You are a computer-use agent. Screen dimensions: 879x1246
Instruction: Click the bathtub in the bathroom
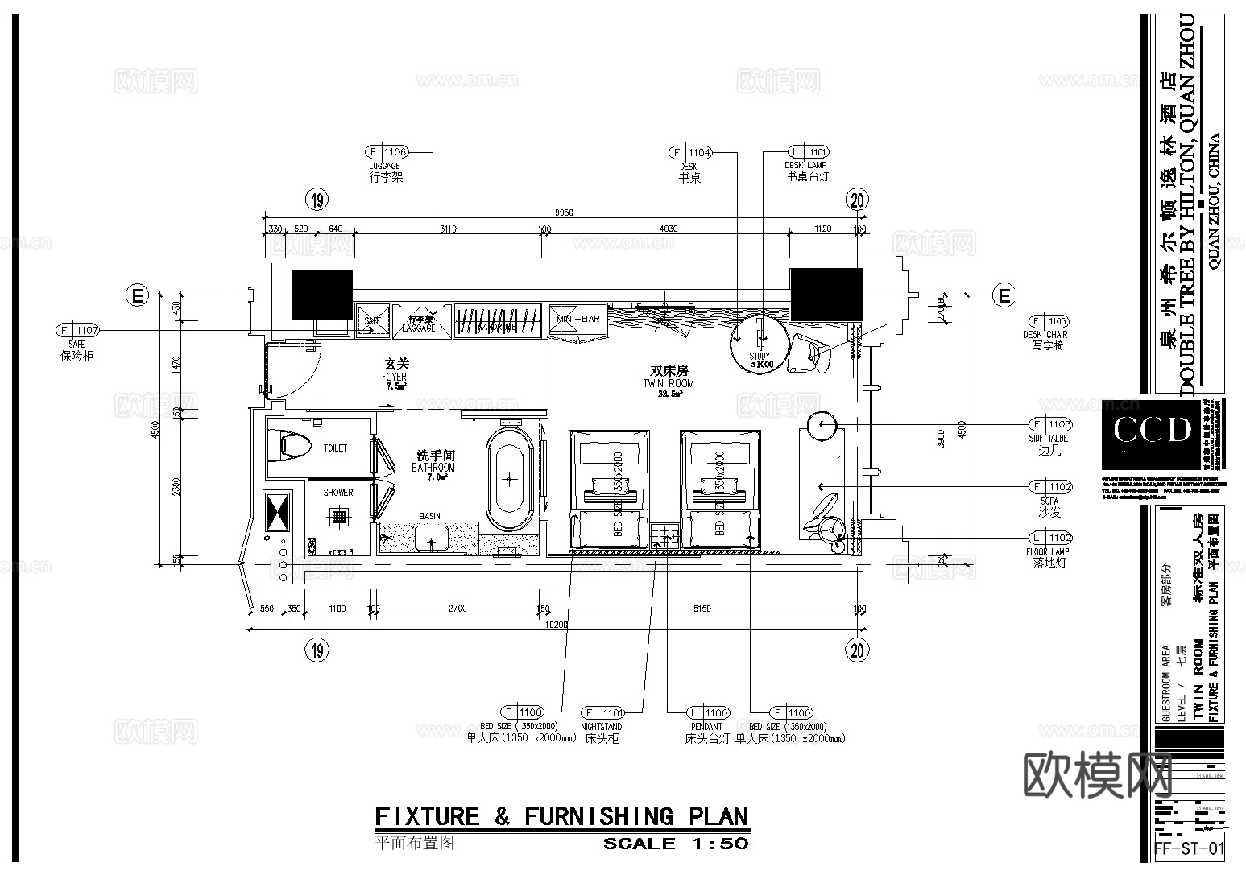point(508,479)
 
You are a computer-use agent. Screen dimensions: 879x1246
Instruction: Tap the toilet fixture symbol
point(289,448)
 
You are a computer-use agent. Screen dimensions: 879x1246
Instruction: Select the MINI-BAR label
point(577,319)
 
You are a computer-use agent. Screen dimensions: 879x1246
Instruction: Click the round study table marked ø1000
point(759,343)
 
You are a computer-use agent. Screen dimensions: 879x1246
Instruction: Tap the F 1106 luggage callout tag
point(387,151)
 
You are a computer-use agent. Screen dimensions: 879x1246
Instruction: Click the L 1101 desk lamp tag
point(807,151)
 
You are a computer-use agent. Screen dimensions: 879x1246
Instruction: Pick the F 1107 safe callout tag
point(77,330)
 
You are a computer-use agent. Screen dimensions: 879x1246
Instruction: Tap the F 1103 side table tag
point(1049,424)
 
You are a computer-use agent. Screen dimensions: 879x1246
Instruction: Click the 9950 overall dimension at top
point(563,213)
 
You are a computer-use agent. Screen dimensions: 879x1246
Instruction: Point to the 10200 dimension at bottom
point(557,624)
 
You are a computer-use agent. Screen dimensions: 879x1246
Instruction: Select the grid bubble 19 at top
point(318,200)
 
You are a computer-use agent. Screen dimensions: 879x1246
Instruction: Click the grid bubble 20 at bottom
point(859,650)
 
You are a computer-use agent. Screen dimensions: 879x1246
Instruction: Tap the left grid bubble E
point(138,296)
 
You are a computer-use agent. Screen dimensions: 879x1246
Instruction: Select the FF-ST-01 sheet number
point(1189,848)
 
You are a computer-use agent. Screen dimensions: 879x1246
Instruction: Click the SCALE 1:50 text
point(676,844)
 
